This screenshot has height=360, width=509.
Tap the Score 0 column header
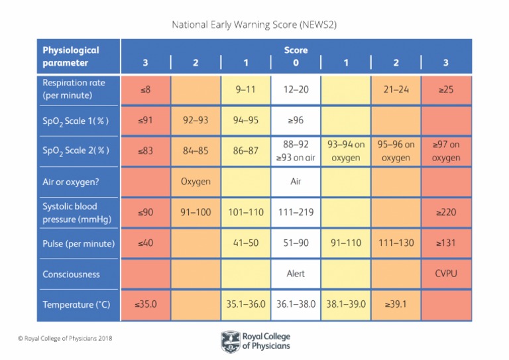pyautogui.click(x=296, y=63)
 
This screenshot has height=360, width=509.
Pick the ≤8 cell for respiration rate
pyautogui.click(x=146, y=89)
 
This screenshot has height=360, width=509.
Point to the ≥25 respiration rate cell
pyautogui.click(x=446, y=89)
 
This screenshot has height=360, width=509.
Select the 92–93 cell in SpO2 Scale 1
pyautogui.click(x=196, y=120)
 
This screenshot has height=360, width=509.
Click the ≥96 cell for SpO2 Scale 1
pyautogui.click(x=296, y=120)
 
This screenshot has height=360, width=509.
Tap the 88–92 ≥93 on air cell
pyautogui.click(x=296, y=150)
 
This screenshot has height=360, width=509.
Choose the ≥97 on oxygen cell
pyautogui.click(x=446, y=150)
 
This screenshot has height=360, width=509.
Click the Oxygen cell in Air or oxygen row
pyautogui.click(x=196, y=181)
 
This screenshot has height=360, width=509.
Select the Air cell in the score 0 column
pyautogui.click(x=296, y=181)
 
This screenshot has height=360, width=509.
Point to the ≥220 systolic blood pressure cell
pyautogui.click(x=446, y=212)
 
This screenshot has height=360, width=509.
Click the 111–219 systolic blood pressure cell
pyautogui.click(x=296, y=212)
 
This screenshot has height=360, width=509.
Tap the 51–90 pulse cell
pyautogui.click(x=296, y=243)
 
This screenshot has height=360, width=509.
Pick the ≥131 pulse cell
pyautogui.click(x=446, y=243)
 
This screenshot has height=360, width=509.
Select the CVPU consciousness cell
pyautogui.click(x=446, y=274)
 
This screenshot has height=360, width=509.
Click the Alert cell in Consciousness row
pyautogui.click(x=296, y=274)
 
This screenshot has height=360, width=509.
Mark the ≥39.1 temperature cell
pyautogui.click(x=396, y=305)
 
